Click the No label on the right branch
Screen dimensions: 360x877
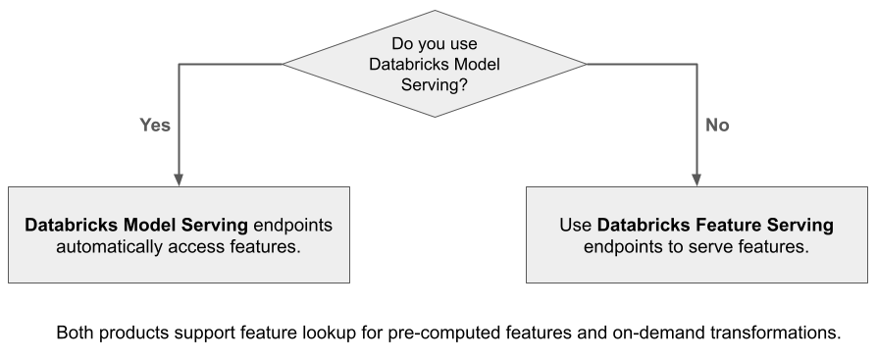(718, 126)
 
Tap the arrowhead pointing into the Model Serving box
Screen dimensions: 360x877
(179, 179)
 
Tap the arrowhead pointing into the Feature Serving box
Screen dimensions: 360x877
(696, 179)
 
